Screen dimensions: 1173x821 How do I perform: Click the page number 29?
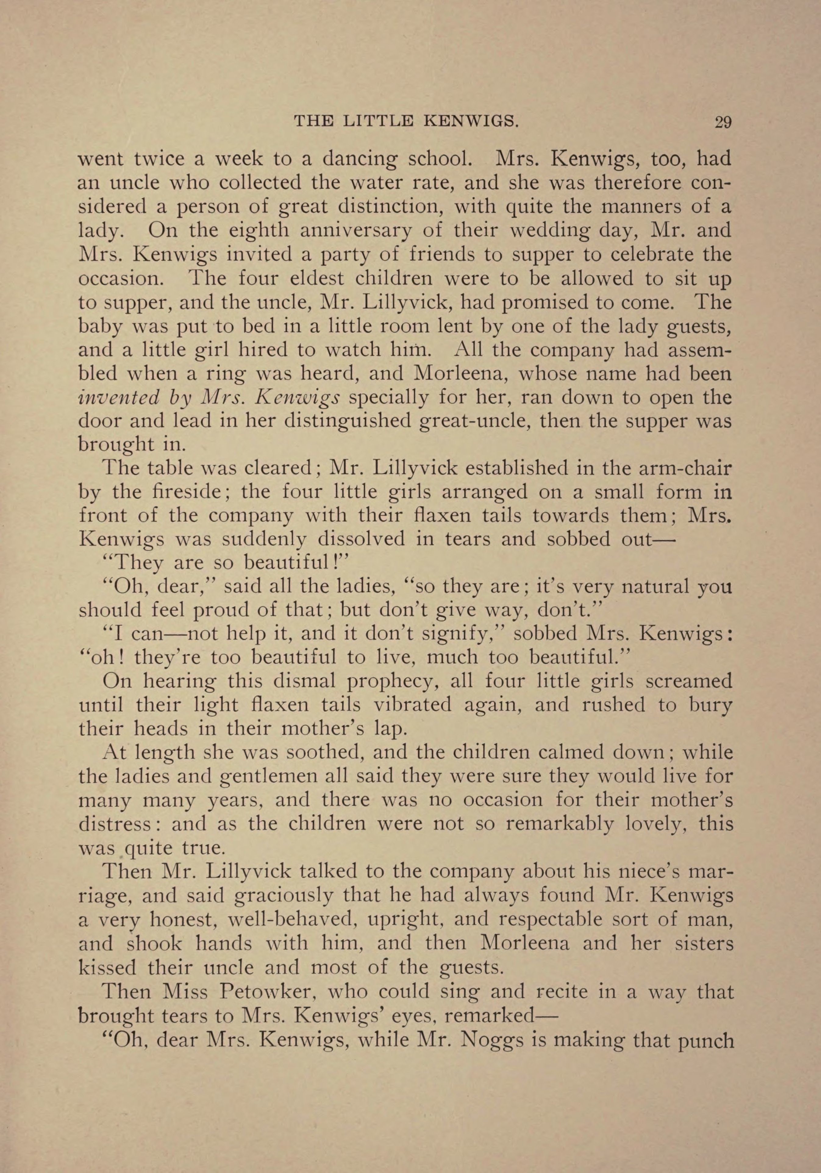pos(723,123)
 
